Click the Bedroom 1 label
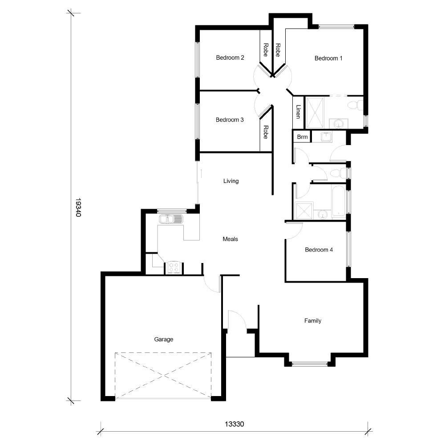(x=328, y=58)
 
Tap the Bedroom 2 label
(x=230, y=57)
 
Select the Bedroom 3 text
(x=230, y=120)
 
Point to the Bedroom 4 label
(x=319, y=250)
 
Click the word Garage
(x=163, y=340)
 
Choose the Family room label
(x=312, y=321)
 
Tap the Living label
(x=231, y=181)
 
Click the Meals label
(x=230, y=239)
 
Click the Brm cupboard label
(x=303, y=137)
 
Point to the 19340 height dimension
(x=78, y=208)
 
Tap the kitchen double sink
(x=171, y=219)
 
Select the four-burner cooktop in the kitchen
(x=174, y=268)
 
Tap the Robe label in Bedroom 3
(x=266, y=132)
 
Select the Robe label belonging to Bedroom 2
(x=266, y=50)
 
